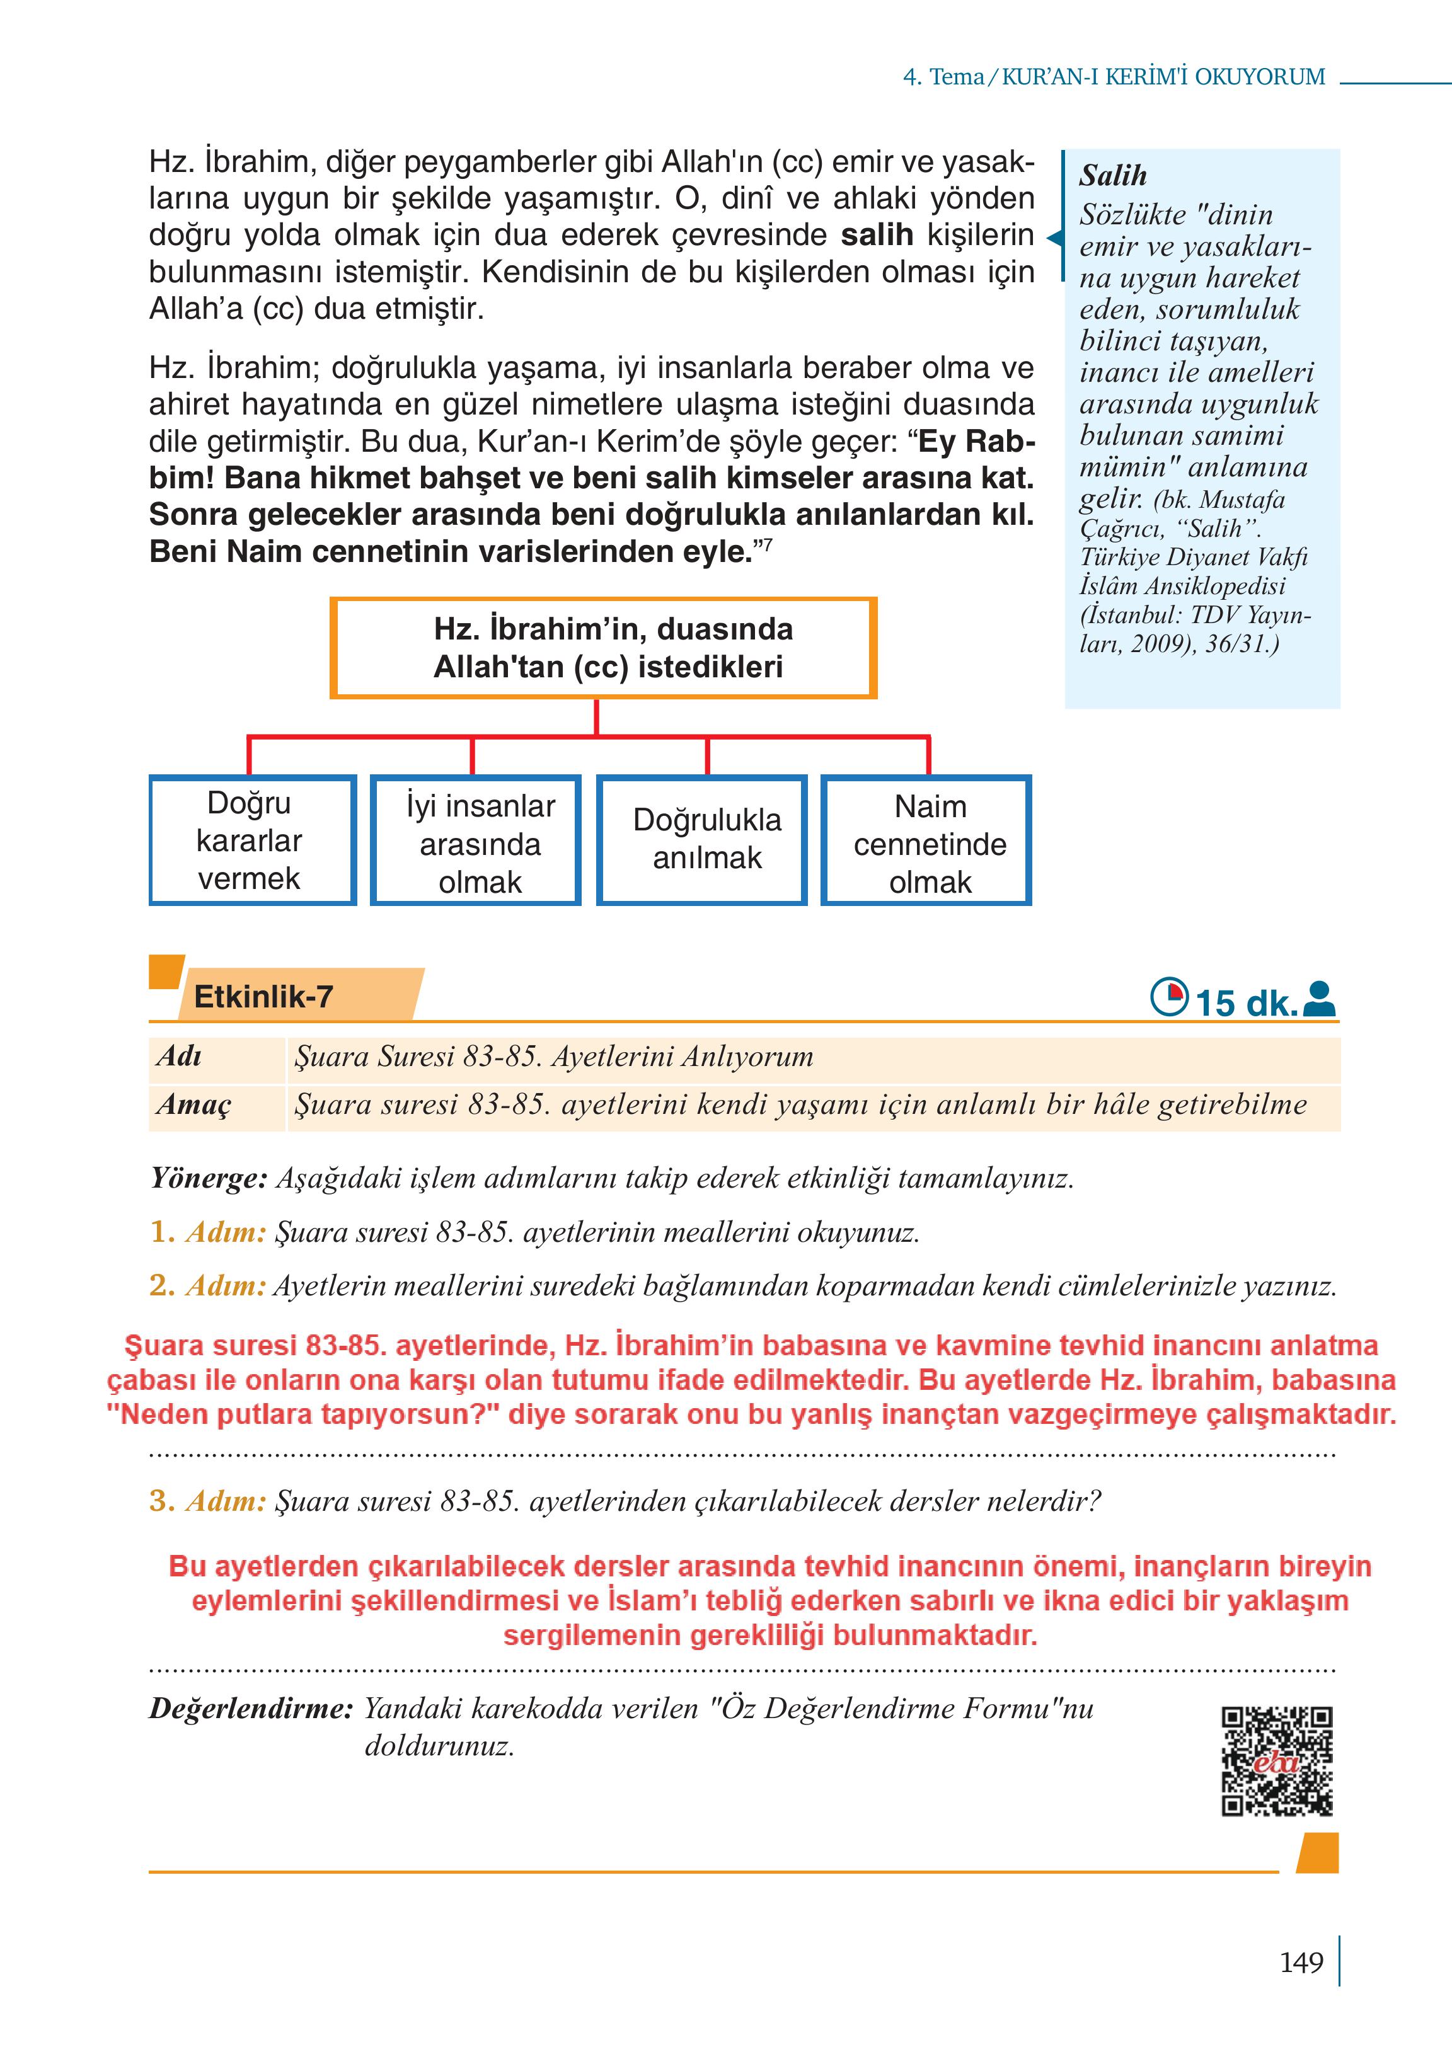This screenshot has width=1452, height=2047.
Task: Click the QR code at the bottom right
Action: click(x=1277, y=1761)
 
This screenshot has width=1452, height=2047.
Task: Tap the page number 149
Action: click(x=1301, y=1962)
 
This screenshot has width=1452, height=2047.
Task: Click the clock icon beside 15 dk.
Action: click(x=1168, y=997)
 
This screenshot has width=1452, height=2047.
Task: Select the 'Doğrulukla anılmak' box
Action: click(x=702, y=840)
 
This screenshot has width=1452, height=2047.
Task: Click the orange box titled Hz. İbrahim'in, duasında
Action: click(x=604, y=648)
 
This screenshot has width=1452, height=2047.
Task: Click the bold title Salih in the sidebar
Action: click(x=1112, y=175)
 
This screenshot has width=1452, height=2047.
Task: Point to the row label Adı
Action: click(x=179, y=1057)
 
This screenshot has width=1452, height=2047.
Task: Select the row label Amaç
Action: click(x=193, y=1105)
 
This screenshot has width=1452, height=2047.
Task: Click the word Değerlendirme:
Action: click(x=251, y=1708)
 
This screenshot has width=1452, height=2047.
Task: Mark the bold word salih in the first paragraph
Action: click(x=877, y=235)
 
